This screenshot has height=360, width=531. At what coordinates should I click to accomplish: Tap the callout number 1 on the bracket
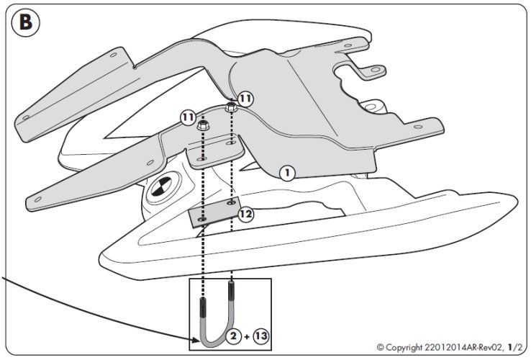(x=286, y=173)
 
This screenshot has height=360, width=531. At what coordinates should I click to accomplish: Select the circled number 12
(x=245, y=214)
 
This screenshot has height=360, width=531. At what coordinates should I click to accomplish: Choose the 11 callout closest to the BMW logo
(x=188, y=115)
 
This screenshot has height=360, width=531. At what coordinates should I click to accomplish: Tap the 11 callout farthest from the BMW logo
(x=245, y=97)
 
